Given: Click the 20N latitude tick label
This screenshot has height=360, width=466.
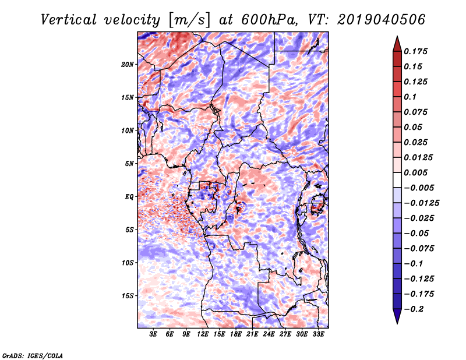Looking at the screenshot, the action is coord(128,65).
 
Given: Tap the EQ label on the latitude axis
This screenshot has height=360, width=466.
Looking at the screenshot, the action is coord(129,197).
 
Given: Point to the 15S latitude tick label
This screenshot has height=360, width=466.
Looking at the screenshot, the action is coord(128,296).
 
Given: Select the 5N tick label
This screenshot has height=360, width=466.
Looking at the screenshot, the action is coord(129,164).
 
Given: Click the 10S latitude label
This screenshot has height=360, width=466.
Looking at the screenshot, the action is coord(128,263).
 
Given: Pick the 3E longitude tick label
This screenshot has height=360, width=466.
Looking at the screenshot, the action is coord(153,334).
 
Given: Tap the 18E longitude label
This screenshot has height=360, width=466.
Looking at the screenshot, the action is coord(236,334).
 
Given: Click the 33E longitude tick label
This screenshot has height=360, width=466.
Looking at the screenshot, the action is coord(318,334).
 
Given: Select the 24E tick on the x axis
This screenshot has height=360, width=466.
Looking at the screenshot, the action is coord(269,334).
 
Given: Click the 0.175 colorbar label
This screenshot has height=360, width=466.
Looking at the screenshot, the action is coord(416,51).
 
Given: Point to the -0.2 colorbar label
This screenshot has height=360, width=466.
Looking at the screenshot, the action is coord(414,309).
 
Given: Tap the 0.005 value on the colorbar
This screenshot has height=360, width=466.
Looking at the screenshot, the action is coord(416,172).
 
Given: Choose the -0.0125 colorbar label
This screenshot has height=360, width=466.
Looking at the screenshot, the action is coord(421,203).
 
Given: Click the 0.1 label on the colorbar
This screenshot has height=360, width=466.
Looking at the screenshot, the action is coord(411,97).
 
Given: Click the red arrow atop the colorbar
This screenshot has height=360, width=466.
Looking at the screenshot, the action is coord(397,44).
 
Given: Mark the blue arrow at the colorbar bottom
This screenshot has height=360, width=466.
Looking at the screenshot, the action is coord(397,316).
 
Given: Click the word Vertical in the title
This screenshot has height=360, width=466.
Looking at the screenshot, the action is coord(69,20).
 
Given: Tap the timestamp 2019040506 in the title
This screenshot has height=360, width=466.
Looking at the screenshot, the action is coord(382,20).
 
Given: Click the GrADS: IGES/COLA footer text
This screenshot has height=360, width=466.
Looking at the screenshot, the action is coord(33,355).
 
